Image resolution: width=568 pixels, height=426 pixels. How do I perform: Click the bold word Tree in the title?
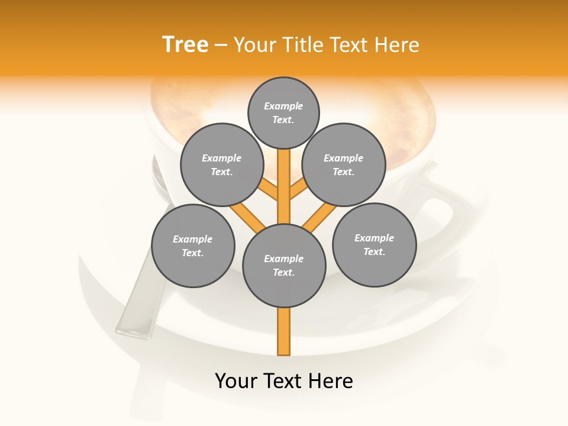coord(185,45)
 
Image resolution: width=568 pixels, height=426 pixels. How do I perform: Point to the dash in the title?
coord(221,46)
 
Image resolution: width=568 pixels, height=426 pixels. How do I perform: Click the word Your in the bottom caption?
coord(236,381)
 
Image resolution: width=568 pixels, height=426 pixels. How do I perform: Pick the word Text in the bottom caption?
coord(283,381)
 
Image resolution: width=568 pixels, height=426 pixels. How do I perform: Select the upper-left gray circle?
coord(222,164)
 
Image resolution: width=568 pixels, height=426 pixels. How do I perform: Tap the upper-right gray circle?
coord(344,164)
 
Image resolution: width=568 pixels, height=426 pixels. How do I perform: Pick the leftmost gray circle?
coord(193,246)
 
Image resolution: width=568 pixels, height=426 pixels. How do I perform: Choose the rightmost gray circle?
coord(375,244)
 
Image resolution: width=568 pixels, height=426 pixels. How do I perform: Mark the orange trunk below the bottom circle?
coord(284,331)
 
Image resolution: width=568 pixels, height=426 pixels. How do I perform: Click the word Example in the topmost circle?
coord(283,106)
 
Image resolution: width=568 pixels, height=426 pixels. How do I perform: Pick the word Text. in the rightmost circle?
coord(374,251)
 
